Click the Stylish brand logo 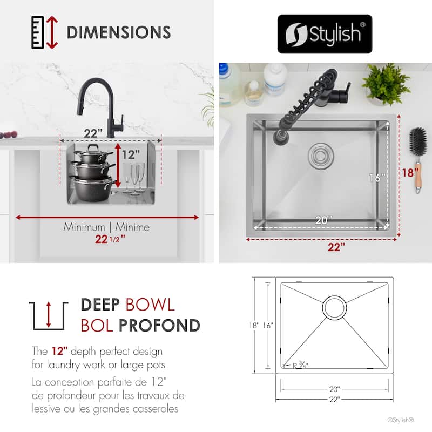(x=325, y=34)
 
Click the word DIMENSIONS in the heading (x=119, y=32)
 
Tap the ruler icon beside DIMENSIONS (x=38, y=32)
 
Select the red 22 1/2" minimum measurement (x=110, y=239)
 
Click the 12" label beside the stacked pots (x=131, y=154)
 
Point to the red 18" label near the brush (x=410, y=172)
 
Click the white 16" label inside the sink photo (x=377, y=178)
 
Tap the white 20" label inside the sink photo (x=323, y=220)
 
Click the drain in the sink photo (x=321, y=156)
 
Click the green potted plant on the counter (x=386, y=84)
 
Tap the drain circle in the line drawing (x=334, y=307)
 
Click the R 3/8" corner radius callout (x=299, y=366)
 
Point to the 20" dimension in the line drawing (x=335, y=389)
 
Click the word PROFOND (x=159, y=326)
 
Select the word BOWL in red (x=150, y=305)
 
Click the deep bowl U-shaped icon (x=49, y=316)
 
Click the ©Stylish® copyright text (x=400, y=420)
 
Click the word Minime (x=132, y=227)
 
